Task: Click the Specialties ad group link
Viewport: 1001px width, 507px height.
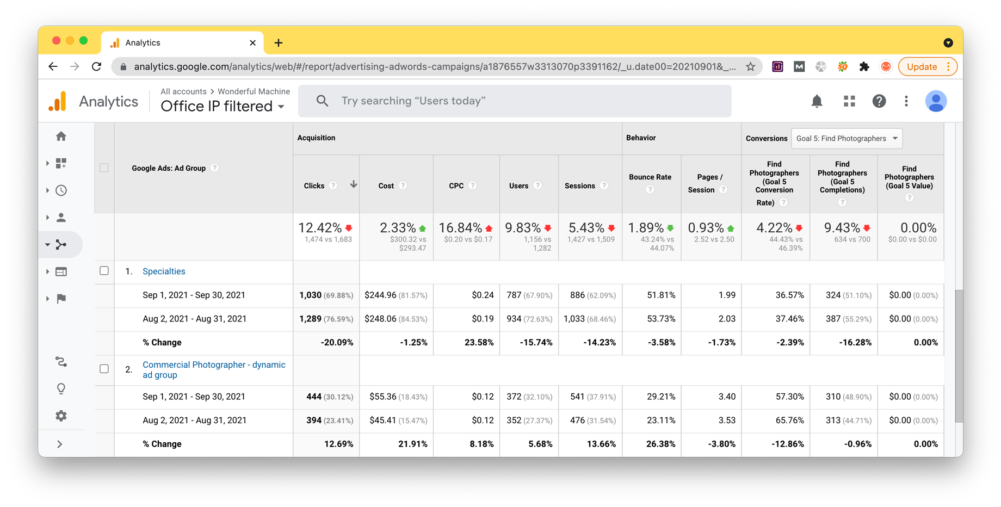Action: [164, 271]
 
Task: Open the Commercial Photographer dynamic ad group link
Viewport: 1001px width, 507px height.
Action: [214, 370]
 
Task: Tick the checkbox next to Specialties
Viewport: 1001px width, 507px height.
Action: [104, 271]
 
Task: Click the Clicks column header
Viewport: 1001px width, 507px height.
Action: [314, 186]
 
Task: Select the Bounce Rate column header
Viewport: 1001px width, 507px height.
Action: [650, 177]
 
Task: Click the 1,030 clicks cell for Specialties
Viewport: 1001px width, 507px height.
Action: [310, 295]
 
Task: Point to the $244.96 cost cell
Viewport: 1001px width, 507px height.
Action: [380, 295]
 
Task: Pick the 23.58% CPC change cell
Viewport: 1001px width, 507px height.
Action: [479, 343]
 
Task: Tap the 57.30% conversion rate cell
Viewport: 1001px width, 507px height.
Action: [789, 397]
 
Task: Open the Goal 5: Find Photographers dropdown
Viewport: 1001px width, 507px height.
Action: [846, 139]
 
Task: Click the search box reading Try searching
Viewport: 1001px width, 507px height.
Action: [515, 101]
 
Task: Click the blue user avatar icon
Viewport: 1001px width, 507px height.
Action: [936, 101]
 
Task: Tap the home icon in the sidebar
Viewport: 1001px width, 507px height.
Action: [61, 137]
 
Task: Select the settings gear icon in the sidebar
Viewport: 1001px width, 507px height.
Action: [61, 416]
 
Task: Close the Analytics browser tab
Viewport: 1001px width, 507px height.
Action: [252, 43]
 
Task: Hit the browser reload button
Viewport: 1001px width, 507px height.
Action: [96, 67]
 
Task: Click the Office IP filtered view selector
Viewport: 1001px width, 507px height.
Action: [223, 106]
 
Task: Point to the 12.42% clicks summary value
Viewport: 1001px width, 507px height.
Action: [320, 227]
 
